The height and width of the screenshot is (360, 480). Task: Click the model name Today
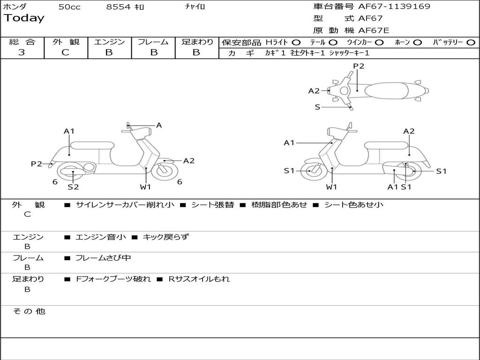24,18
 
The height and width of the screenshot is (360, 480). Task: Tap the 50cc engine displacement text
69,7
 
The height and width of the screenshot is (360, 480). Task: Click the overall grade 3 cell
22,52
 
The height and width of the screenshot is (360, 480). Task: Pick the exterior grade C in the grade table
65,52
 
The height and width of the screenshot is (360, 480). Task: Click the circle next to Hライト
296,42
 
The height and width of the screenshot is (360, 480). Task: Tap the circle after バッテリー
471,42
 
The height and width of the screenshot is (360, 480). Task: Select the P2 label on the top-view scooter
359,66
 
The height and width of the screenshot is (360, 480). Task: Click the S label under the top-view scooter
317,107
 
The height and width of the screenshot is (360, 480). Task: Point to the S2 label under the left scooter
73,187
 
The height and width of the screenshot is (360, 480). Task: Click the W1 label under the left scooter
146,187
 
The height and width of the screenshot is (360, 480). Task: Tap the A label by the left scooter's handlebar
159,125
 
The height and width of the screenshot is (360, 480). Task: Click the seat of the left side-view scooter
92,145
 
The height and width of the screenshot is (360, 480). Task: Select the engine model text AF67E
374,30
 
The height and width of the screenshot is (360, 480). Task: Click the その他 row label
29,311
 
